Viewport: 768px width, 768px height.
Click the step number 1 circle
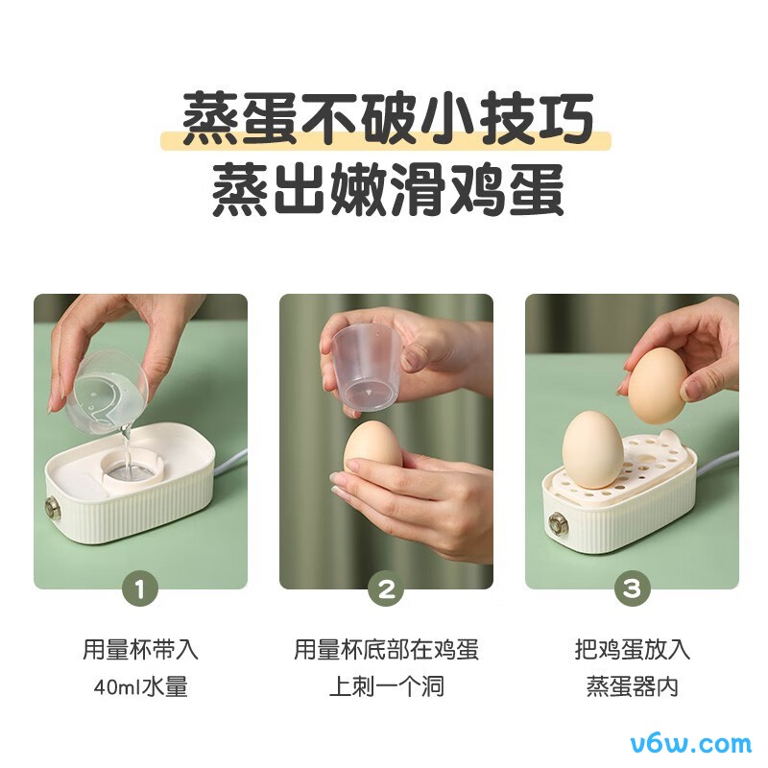[140, 589]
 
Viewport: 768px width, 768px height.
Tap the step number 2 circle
[386, 589]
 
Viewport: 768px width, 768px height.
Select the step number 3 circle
[632, 589]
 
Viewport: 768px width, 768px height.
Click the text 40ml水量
[140, 687]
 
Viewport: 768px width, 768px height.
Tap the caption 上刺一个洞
[386, 687]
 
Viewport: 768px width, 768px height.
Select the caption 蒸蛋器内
[632, 687]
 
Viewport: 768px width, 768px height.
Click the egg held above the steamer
[658, 384]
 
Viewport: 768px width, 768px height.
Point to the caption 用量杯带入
[140, 649]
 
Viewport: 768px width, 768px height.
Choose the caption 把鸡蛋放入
[632, 649]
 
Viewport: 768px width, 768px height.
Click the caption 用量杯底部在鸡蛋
[386, 649]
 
